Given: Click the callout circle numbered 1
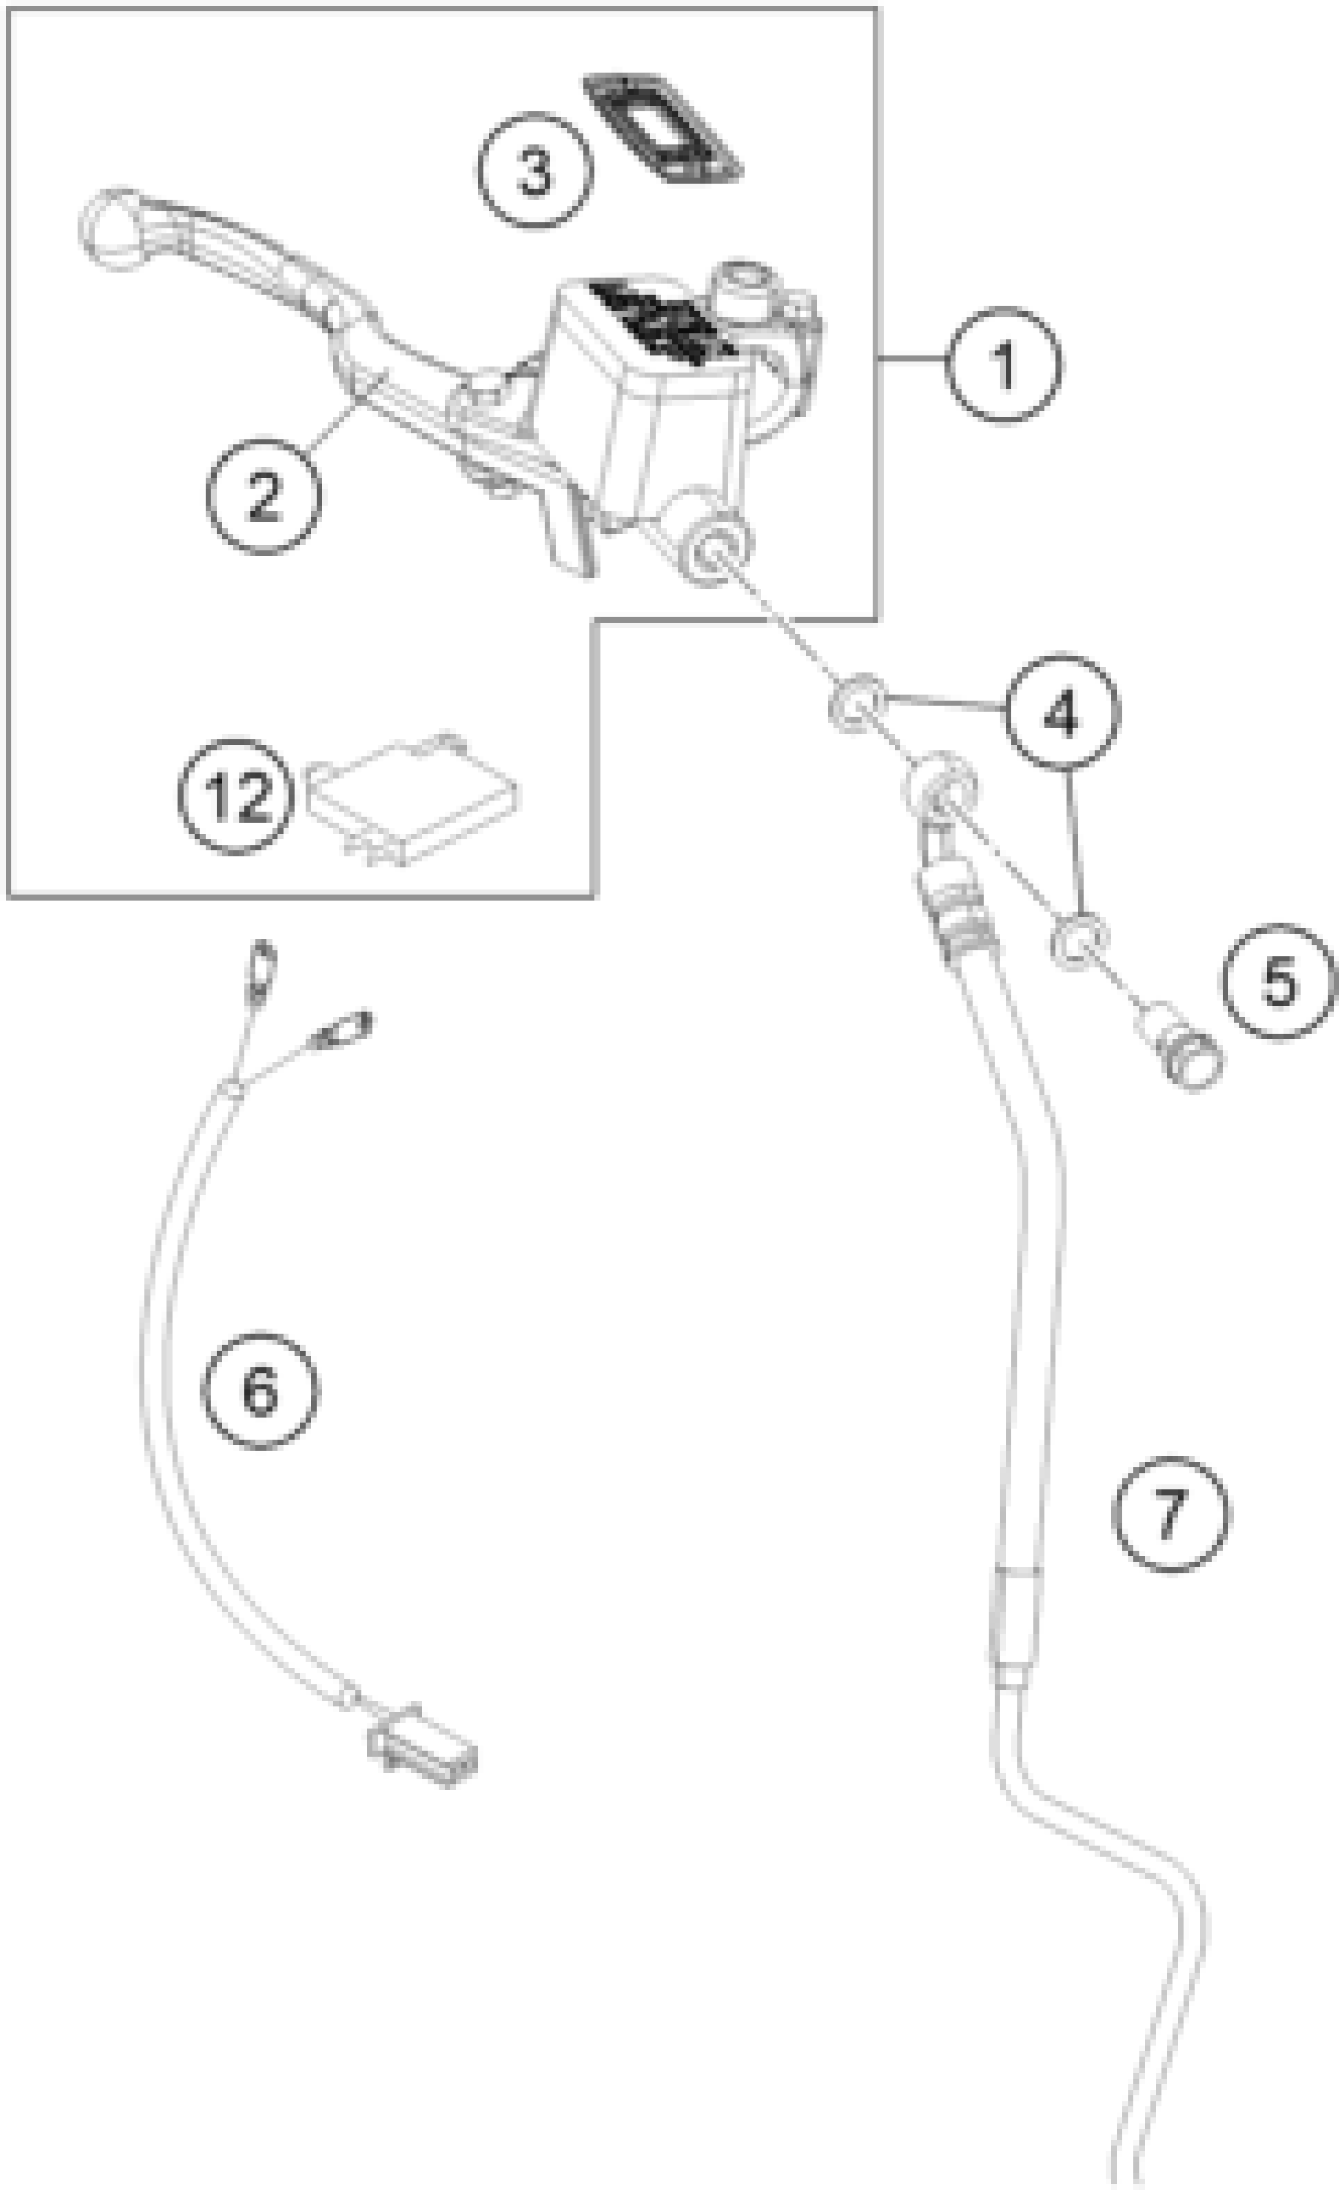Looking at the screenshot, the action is (x=1003, y=364).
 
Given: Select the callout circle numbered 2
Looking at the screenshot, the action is (x=264, y=495).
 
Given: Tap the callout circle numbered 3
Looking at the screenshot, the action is (x=534, y=171).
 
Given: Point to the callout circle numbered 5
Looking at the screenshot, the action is (x=1279, y=981).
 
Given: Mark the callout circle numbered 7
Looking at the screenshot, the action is (x=1171, y=1514).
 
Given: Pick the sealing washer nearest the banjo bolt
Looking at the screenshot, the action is (x=1078, y=941).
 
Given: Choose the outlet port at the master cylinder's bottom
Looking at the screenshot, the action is (x=714, y=552).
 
